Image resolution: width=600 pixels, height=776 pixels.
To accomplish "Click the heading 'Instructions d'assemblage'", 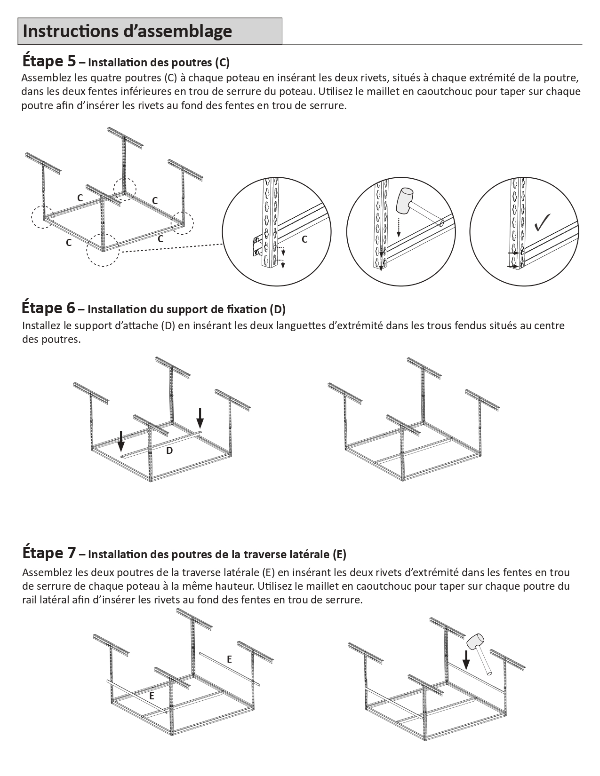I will [127, 31].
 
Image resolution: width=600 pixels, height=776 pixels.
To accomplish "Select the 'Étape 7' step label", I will [48, 553].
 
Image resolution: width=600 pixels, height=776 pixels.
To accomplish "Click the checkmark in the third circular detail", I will [543, 222].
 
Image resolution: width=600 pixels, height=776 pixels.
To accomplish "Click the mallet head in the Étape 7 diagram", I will [475, 641].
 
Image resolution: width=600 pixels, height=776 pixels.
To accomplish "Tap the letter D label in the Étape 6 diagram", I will [169, 451].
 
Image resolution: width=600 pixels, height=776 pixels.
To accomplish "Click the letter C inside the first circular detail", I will [304, 239].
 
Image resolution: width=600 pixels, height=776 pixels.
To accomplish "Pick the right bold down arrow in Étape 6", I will [200, 417].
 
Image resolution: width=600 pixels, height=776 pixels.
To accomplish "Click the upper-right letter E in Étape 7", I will [230, 659].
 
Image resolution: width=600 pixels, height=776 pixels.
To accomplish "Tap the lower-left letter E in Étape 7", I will [152, 696].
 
